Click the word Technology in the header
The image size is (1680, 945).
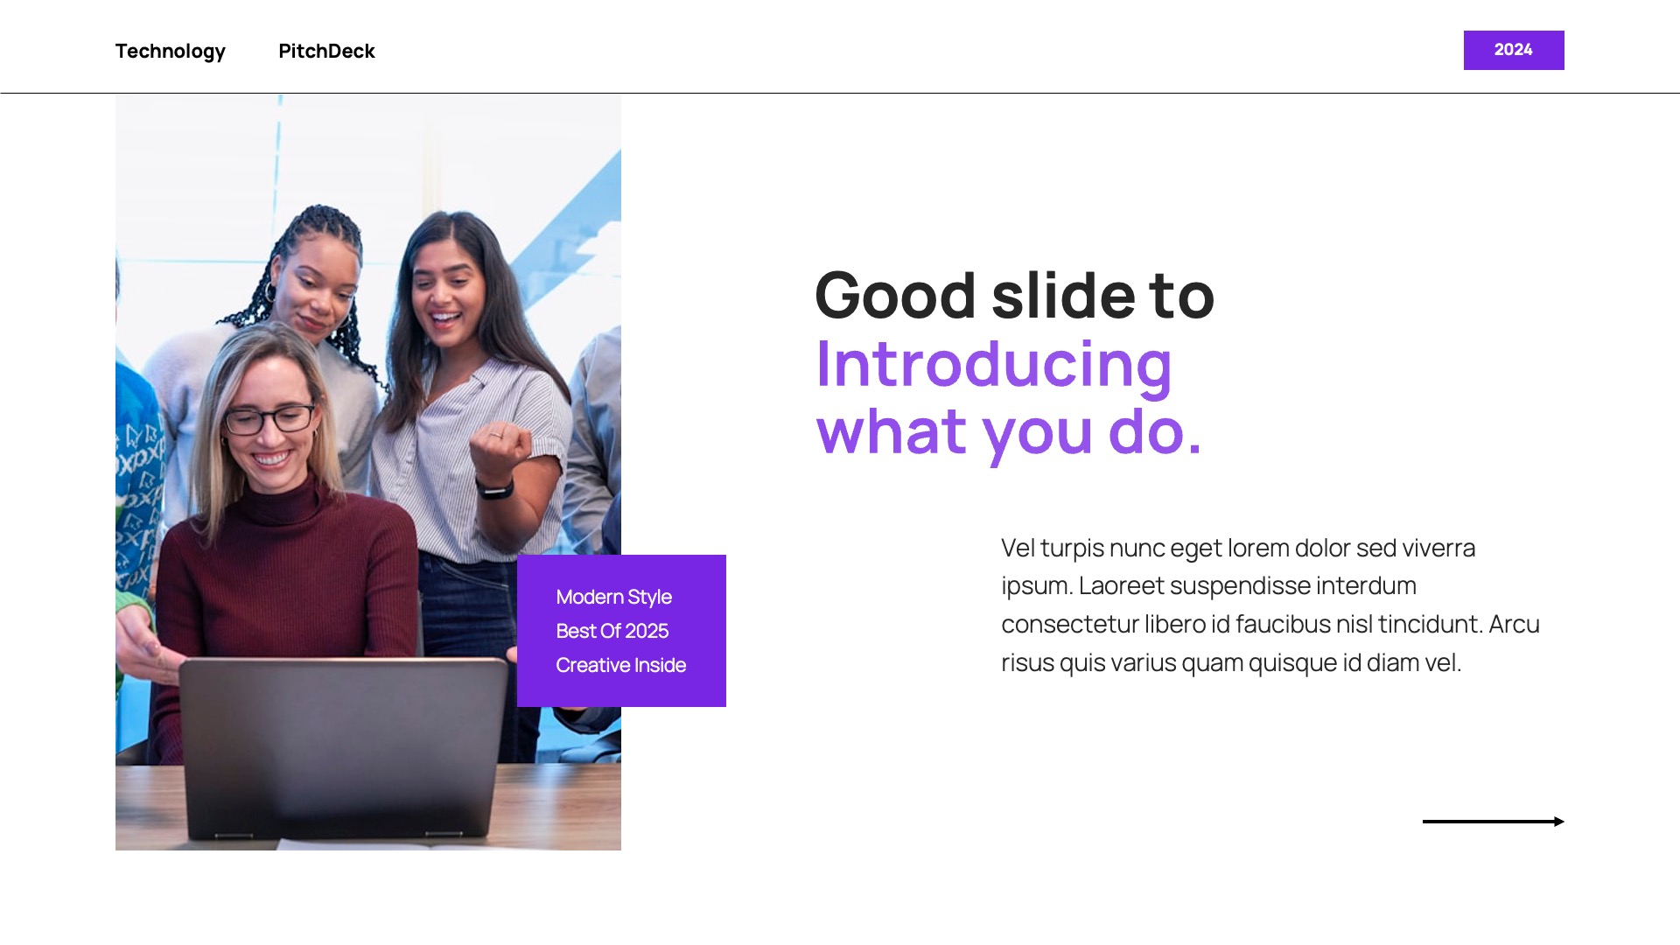tap(171, 52)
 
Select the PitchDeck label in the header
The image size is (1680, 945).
tap(326, 51)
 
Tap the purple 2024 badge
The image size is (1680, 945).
tap(1514, 50)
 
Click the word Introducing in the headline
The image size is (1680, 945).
tap(993, 365)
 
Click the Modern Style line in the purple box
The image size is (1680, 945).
tap(614, 598)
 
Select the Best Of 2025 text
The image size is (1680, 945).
tap(612, 631)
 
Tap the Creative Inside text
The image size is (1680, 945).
tap(621, 665)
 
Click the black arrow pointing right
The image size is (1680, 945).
tap(1494, 822)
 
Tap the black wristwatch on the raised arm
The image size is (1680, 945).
tap(495, 486)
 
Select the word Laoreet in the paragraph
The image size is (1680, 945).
tap(1128, 585)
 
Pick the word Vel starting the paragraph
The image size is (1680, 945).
tap(1018, 548)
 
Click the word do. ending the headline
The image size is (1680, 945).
tap(1155, 431)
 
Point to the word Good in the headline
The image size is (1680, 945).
tap(895, 295)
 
